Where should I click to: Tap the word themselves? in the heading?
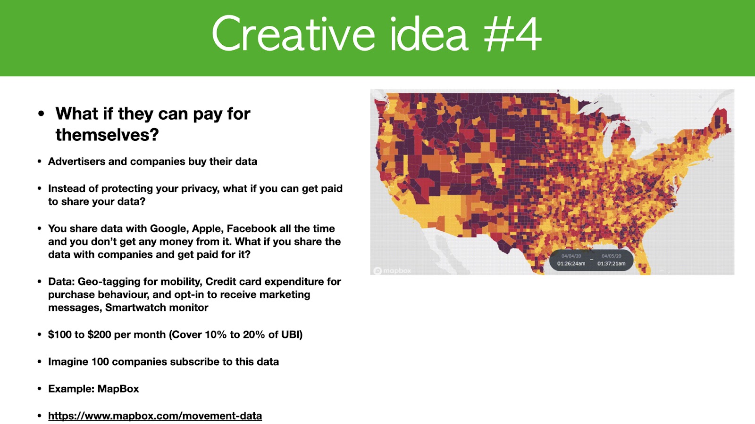[x=107, y=135]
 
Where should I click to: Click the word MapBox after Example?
[x=118, y=389]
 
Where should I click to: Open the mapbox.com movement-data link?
[x=155, y=416]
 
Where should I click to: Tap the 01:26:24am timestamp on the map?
[x=571, y=263]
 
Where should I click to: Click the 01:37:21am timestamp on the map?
[x=612, y=263]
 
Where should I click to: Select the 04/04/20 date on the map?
[x=571, y=256]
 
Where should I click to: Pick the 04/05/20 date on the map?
[x=612, y=256]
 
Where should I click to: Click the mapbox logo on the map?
[x=392, y=270]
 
